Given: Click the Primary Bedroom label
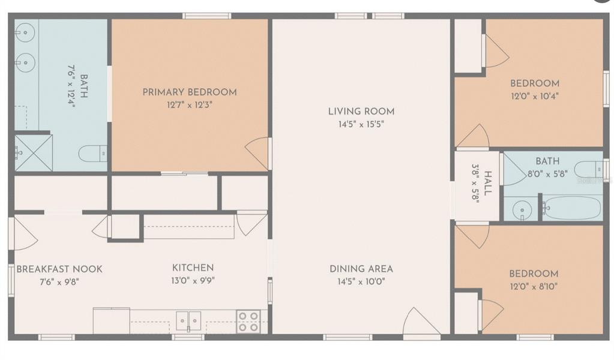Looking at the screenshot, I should point(190,92).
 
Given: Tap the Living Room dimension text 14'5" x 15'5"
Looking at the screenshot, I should point(361,124).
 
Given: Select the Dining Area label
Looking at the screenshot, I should point(361,269).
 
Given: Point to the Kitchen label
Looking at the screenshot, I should point(193,268).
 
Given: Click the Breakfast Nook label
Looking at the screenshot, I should point(59,269).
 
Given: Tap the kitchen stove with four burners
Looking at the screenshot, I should point(248,321).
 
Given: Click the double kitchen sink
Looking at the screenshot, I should point(188,320).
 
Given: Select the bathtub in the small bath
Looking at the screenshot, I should point(572,208).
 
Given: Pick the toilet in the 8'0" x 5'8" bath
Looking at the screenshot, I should point(588,170).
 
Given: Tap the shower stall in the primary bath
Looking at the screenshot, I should point(34,153).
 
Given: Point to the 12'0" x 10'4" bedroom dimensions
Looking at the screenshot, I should point(534,96).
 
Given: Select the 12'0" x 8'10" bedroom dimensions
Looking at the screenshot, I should point(534,286).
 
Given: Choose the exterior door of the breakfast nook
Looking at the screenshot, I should point(22,234).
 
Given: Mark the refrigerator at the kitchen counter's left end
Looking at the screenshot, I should point(111,320).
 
